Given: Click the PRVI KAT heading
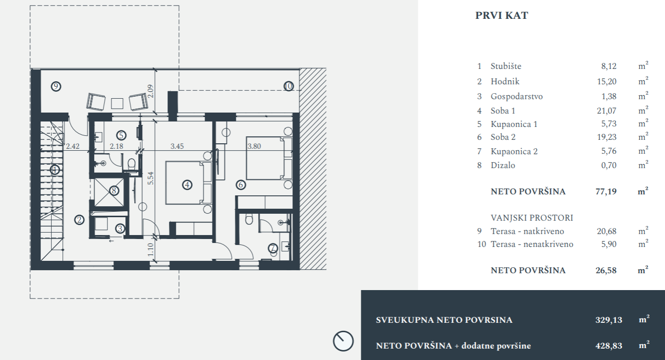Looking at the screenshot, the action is (501, 15).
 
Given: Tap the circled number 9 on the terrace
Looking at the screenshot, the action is (56, 86).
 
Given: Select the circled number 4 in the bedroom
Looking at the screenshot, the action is (187, 185).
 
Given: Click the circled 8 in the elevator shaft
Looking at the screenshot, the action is (114, 190).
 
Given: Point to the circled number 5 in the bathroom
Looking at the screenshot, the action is (121, 135).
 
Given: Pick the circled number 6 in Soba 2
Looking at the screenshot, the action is (241, 185).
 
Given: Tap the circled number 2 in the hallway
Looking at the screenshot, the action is (79, 220).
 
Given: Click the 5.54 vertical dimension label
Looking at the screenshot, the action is (151, 178).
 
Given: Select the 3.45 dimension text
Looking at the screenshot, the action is (177, 146).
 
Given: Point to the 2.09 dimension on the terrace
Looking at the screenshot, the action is (151, 91).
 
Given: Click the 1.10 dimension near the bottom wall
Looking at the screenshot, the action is (151, 249).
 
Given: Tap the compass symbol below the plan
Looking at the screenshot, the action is (343, 341).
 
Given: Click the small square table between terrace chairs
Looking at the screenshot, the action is (117, 104).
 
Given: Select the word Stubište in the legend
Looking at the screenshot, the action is (506, 66).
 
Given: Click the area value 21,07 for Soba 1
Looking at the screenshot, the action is (607, 111).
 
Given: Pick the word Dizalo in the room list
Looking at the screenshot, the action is (503, 165).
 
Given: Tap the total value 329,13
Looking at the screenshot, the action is (609, 320).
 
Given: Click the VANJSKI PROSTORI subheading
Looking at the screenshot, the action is (532, 218).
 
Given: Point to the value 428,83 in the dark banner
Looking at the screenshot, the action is (609, 346).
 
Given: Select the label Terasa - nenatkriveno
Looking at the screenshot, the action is (532, 244).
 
